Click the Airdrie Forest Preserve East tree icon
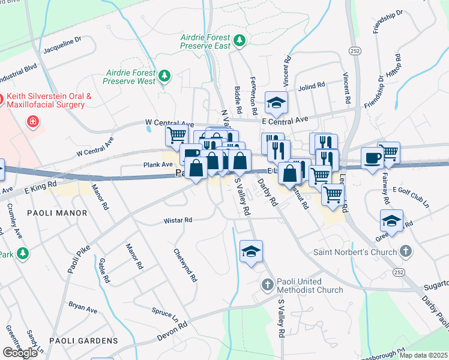[240, 40]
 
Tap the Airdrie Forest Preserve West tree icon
[163, 76]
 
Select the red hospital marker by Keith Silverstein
[34, 122]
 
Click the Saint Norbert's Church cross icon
[406, 251]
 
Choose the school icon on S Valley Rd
[251, 251]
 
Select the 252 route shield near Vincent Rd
[355, 52]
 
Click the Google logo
[20, 352]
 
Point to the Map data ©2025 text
[423, 355]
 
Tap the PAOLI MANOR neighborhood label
[57, 213]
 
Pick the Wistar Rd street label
[178, 221]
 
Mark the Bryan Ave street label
[83, 307]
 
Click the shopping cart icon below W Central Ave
[176, 134]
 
